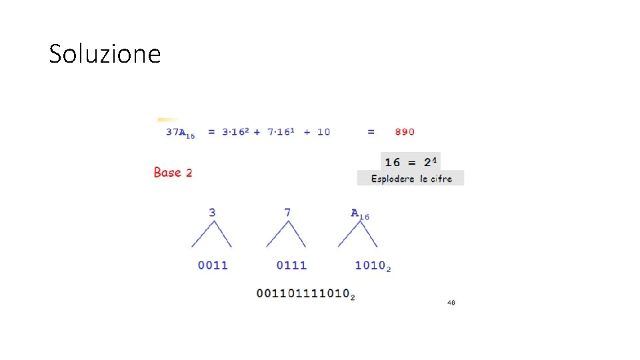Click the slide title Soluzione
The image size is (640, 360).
click(105, 53)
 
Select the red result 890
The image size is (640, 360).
click(405, 132)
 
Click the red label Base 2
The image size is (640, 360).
click(173, 172)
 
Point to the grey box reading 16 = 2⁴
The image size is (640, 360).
click(411, 161)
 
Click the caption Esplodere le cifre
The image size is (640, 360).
click(411, 179)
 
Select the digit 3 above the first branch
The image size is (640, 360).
click(212, 213)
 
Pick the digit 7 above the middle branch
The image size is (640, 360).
click(287, 213)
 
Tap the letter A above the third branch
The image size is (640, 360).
click(354, 213)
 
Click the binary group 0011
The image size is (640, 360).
click(213, 265)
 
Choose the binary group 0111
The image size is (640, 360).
click(291, 265)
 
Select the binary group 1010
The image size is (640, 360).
click(370, 265)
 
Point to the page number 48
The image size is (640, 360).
click(451, 303)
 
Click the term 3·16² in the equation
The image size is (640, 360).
click(235, 131)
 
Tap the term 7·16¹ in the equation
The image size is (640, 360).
click(281, 131)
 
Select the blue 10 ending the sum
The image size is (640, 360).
click(324, 132)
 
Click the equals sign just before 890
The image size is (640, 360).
click(371, 132)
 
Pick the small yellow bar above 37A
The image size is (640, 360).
click(168, 119)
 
